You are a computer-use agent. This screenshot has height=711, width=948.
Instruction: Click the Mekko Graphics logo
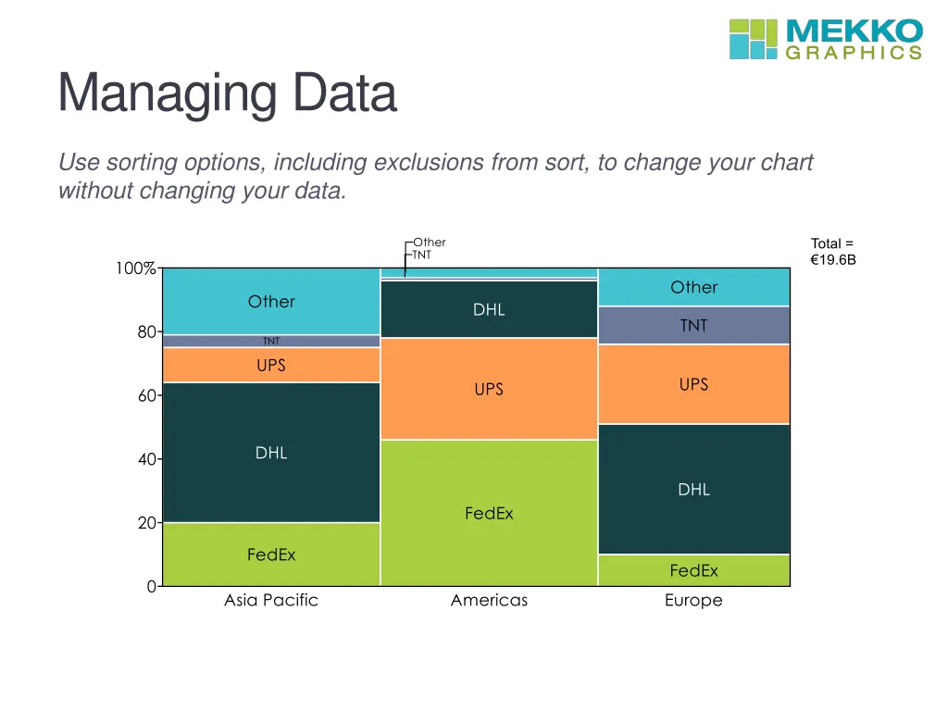tap(826, 38)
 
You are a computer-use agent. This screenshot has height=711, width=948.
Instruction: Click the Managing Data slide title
tap(227, 94)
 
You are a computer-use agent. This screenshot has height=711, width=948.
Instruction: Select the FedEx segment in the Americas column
tap(489, 512)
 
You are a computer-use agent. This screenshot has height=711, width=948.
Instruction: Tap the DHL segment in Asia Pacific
tap(271, 453)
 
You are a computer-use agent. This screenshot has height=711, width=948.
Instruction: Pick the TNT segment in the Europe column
tap(693, 325)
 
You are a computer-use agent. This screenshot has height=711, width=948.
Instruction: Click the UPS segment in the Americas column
tap(489, 389)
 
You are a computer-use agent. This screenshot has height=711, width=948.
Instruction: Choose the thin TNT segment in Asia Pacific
tap(271, 341)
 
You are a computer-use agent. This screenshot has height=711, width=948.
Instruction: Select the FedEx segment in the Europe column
tap(693, 570)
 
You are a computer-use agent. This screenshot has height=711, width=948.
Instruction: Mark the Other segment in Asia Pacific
tap(271, 301)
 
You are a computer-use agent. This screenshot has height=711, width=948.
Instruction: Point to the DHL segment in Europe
tap(693, 489)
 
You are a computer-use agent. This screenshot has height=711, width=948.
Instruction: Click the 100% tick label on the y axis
tap(135, 268)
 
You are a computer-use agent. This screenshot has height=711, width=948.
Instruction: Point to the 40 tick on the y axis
tap(146, 459)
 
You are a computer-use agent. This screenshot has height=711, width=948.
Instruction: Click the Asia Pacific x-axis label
tap(271, 600)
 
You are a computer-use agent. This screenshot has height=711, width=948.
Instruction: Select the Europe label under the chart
tap(693, 600)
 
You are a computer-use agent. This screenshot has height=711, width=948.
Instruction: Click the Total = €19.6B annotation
tap(832, 252)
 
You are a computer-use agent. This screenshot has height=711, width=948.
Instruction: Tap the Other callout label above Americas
tap(430, 243)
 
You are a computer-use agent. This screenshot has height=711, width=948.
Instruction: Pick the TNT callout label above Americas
tap(421, 254)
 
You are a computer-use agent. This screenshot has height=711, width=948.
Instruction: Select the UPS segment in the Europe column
tap(693, 383)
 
